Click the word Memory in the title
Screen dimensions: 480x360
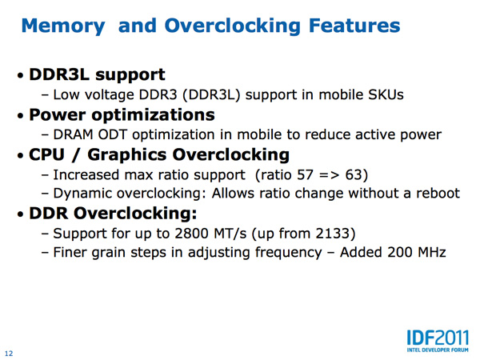coord(63,26)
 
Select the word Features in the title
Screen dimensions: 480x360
coord(354,25)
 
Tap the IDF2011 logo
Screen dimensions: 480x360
coord(438,341)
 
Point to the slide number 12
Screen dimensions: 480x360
coord(9,354)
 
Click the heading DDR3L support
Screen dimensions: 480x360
coord(97,75)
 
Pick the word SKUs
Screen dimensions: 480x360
coord(386,94)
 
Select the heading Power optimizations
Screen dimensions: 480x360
coord(122,115)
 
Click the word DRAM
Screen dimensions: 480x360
coord(73,134)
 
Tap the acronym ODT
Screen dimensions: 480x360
coord(112,134)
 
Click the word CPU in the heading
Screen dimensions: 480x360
coord(47,154)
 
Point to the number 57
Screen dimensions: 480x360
coord(305,175)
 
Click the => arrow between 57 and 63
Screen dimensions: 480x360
coord(329,175)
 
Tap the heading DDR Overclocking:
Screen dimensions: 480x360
coord(113,213)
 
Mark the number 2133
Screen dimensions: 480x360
coord(332,234)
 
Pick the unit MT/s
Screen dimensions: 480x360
coord(230,234)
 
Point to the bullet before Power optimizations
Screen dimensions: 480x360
coord(21,116)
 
